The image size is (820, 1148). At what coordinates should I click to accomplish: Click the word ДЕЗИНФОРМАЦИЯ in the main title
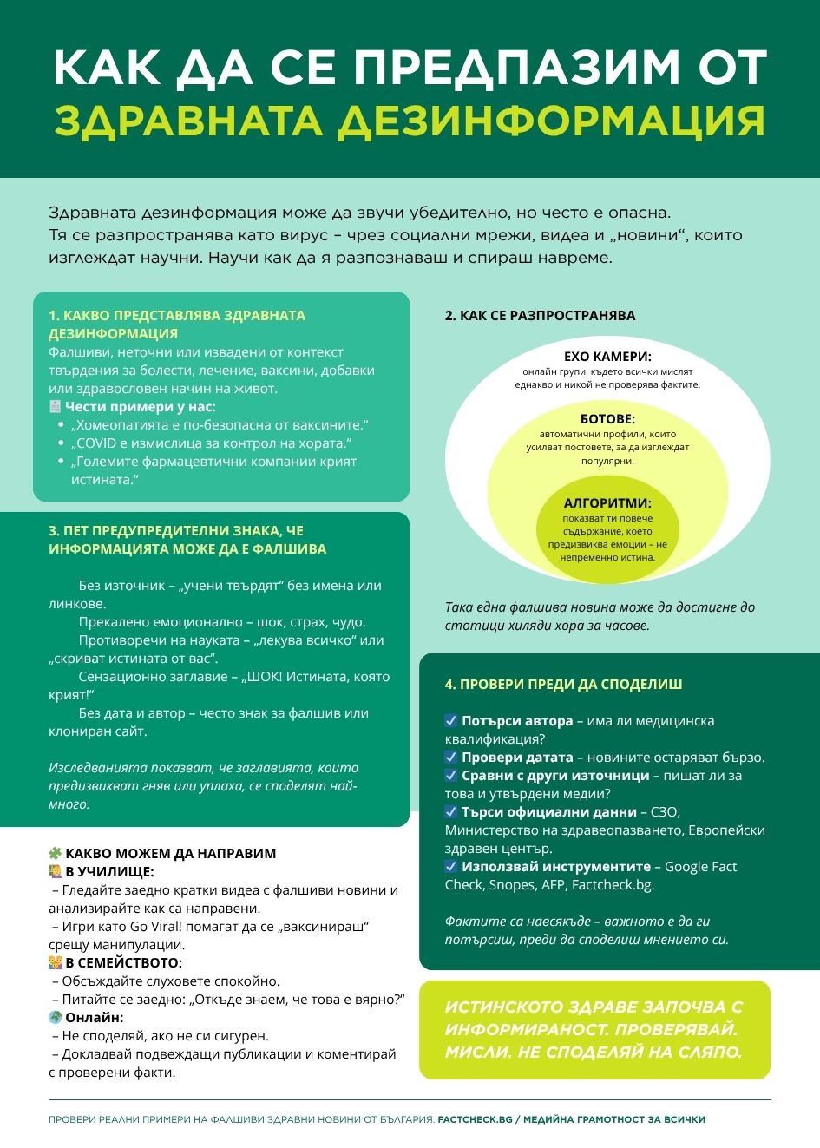click(551, 121)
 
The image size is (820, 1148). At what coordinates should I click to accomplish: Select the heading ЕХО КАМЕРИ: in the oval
click(607, 356)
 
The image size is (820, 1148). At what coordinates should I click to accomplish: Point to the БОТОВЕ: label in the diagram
click(607, 418)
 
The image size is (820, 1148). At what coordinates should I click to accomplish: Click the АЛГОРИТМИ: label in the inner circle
click(607, 502)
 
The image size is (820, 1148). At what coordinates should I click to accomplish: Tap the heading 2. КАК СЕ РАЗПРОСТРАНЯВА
click(540, 316)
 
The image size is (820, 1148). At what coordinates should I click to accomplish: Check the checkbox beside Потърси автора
click(451, 721)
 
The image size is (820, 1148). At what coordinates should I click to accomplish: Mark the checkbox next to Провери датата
click(451, 758)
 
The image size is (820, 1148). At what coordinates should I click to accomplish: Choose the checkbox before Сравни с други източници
click(451, 776)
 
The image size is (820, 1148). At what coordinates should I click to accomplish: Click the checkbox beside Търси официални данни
click(451, 812)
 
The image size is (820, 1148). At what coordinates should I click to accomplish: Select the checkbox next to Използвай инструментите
click(451, 867)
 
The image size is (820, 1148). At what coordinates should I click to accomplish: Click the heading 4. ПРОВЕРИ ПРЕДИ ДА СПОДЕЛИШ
click(563, 684)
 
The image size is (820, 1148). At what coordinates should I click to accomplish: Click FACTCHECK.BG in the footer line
click(475, 1119)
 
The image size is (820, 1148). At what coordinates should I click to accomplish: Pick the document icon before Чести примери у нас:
click(55, 406)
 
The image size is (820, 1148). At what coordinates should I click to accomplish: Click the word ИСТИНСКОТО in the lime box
click(501, 1007)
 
